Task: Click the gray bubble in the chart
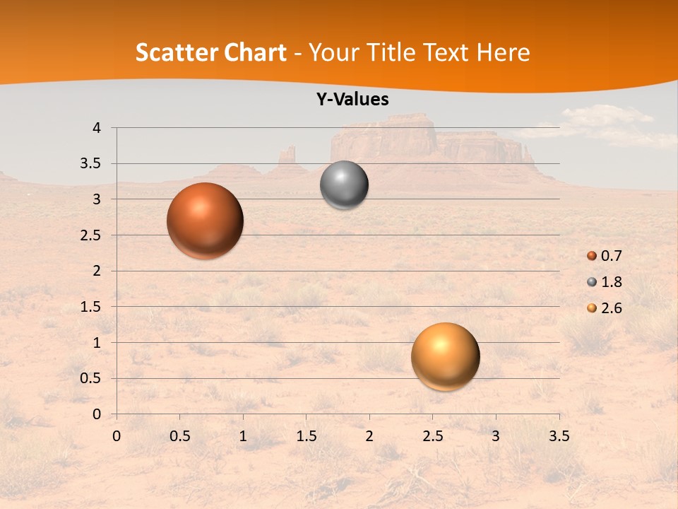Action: [x=344, y=185]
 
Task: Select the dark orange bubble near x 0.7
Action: [x=205, y=221]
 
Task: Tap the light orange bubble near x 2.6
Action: [x=445, y=356]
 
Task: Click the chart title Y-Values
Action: [x=352, y=100]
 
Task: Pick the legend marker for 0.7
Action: [x=592, y=256]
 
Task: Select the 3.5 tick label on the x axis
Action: [x=559, y=436]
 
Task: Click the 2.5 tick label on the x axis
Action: [x=432, y=436]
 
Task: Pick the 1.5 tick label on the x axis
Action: [x=306, y=436]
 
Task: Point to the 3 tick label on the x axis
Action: [x=496, y=436]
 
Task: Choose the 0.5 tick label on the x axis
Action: [x=179, y=436]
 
